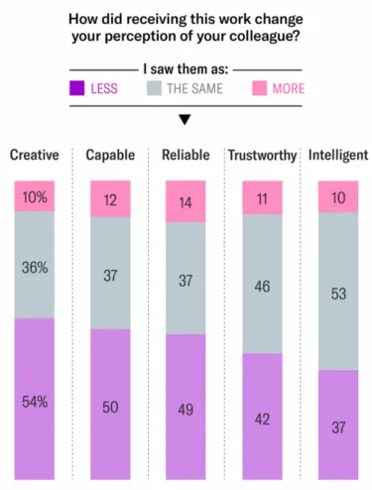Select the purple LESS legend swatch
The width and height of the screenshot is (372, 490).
click(x=75, y=88)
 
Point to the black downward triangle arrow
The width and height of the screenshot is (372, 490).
click(x=185, y=120)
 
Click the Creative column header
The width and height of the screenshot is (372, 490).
click(x=35, y=155)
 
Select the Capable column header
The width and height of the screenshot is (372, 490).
click(x=111, y=155)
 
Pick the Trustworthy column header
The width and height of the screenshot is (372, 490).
click(x=263, y=156)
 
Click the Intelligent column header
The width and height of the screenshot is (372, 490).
click(x=338, y=155)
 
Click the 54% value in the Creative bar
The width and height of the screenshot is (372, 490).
click(x=36, y=402)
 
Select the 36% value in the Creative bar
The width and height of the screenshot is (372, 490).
click(x=36, y=269)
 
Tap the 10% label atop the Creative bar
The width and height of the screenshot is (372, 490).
click(x=36, y=198)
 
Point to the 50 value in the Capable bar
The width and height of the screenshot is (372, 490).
click(x=111, y=407)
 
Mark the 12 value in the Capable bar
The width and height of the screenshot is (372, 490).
click(x=111, y=200)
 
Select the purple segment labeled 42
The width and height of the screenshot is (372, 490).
click(x=263, y=420)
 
